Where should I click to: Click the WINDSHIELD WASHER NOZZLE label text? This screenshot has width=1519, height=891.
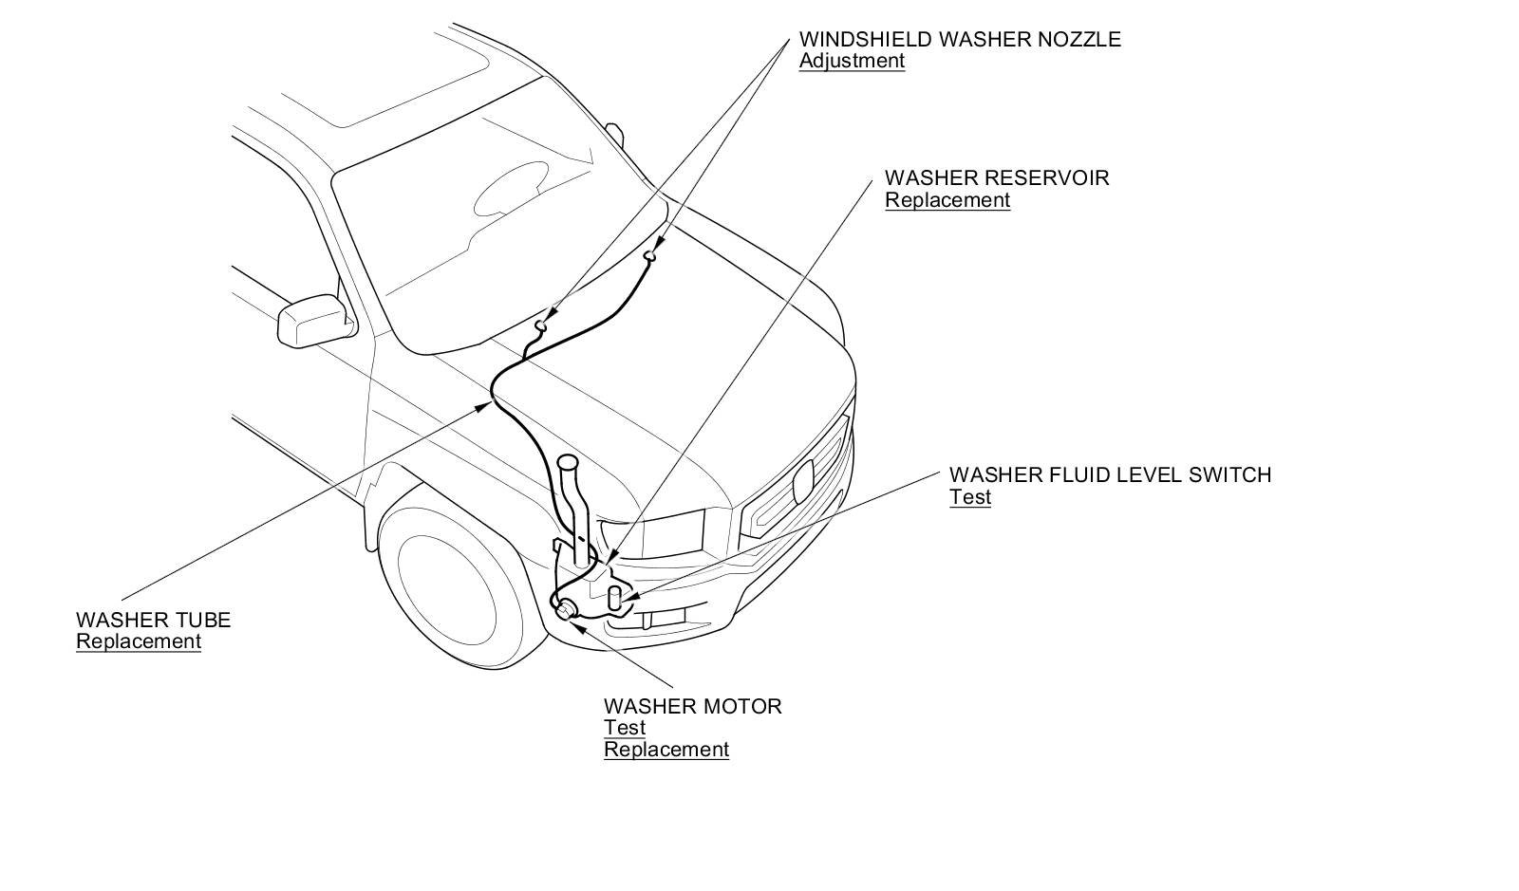click(959, 39)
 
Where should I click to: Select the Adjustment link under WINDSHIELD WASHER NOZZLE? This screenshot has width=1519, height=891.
click(852, 61)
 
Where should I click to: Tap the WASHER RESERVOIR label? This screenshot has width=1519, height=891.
click(996, 177)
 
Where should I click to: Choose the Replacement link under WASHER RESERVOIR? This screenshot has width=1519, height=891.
click(947, 200)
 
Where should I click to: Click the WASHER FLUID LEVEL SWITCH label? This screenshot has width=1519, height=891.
click(1109, 474)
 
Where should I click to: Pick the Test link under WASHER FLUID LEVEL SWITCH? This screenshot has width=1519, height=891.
click(969, 497)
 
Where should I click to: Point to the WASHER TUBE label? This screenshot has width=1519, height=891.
click(153, 620)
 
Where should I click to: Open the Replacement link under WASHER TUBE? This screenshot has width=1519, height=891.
click(139, 641)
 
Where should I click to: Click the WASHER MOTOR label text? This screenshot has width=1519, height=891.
click(692, 706)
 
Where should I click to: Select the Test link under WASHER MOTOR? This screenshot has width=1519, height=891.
click(624, 728)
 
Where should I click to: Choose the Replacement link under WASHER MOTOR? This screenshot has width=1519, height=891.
click(666, 750)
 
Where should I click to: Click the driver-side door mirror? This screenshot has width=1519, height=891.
click(311, 320)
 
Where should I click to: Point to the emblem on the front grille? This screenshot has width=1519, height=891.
click(803, 480)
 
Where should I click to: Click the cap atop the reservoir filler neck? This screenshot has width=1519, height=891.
click(568, 464)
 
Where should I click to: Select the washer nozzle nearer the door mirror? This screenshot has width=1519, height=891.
click(541, 325)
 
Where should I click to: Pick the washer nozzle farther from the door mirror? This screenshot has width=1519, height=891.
click(651, 254)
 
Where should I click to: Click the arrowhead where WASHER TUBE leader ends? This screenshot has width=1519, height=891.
click(487, 405)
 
